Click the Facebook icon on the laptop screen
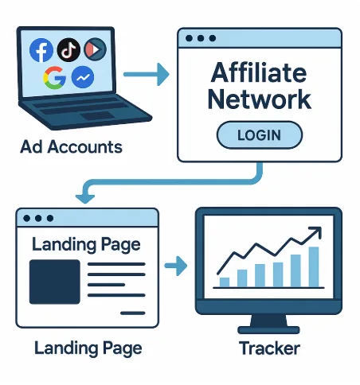(x=41, y=50)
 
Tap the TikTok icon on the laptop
(x=68, y=50)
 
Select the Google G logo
(x=54, y=77)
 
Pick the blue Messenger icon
(x=83, y=77)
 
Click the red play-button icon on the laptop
(x=95, y=49)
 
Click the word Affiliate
(x=259, y=72)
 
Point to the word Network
(x=260, y=99)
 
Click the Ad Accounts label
(x=71, y=146)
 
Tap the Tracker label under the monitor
(x=269, y=348)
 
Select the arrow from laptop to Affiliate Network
(x=147, y=74)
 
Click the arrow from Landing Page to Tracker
(x=176, y=266)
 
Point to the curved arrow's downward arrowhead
(x=85, y=198)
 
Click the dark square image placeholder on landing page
(x=54, y=282)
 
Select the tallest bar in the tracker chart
(x=314, y=266)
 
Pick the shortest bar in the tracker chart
(x=225, y=282)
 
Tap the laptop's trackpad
(x=97, y=116)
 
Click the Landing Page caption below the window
(x=88, y=348)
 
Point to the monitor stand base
(x=268, y=329)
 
